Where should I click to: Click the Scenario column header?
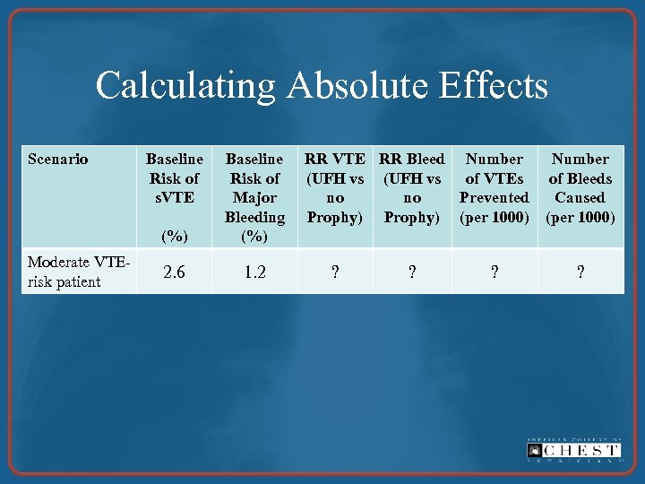click(x=58, y=160)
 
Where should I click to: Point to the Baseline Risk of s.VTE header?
click(x=175, y=178)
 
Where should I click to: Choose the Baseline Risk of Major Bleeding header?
click(x=254, y=188)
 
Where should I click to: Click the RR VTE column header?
click(x=335, y=188)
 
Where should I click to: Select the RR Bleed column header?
click(x=412, y=188)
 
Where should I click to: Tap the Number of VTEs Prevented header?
click(x=494, y=188)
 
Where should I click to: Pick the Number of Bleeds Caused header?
click(x=580, y=188)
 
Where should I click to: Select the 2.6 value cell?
click(x=175, y=272)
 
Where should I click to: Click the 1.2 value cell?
click(x=254, y=272)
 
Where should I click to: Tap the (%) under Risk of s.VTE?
click(x=175, y=237)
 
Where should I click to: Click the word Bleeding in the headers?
click(x=254, y=217)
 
